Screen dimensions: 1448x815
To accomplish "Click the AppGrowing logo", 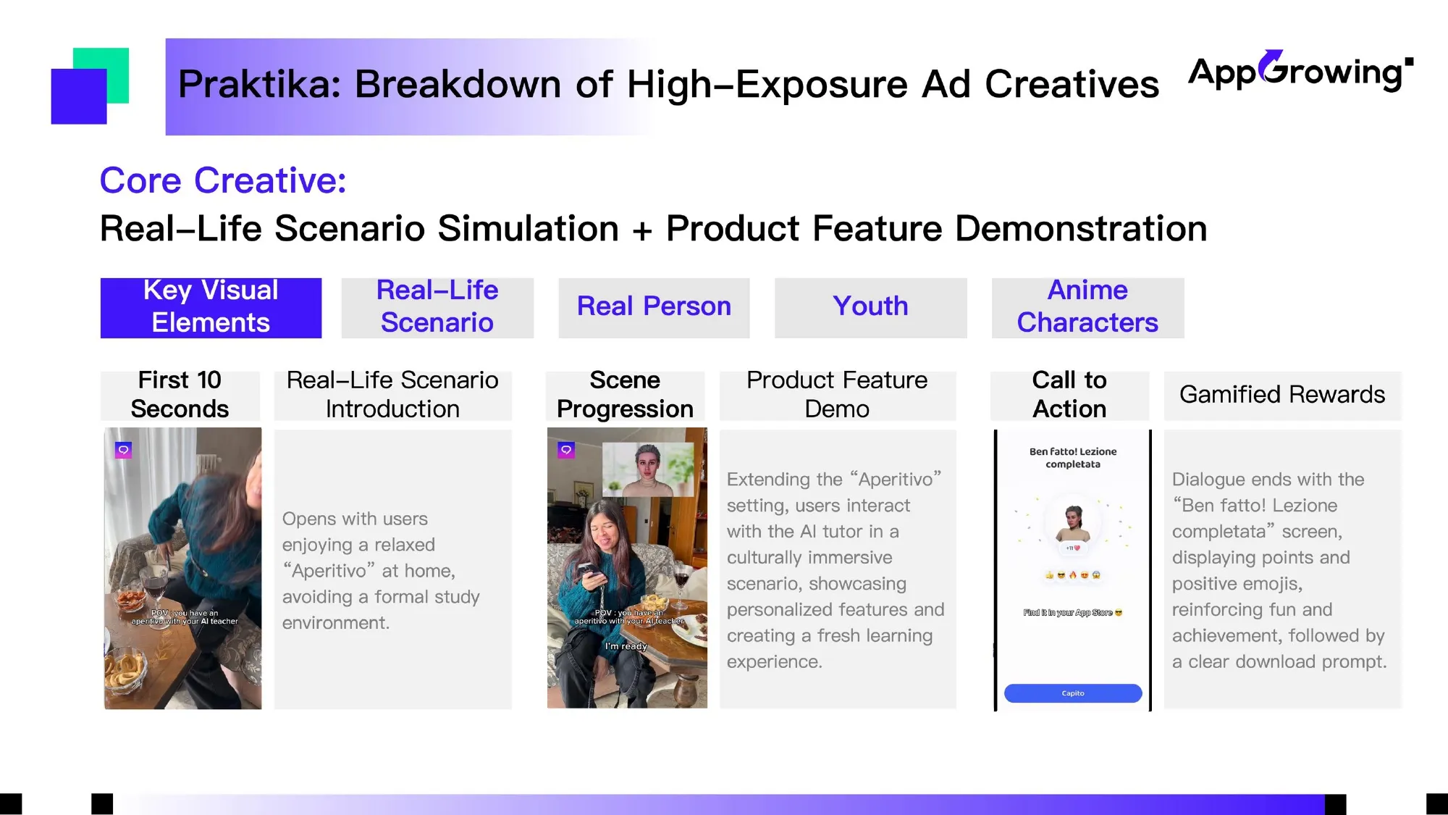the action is (1300, 71).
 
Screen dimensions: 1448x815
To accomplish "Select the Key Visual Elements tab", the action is (211, 307).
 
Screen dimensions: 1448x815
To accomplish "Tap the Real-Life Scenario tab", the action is (437, 307).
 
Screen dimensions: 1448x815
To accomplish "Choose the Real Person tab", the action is (654, 307).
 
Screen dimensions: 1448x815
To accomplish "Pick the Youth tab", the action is (870, 307).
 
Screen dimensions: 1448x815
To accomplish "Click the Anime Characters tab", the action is (1087, 307).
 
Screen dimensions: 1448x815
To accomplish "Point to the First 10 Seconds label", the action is (180, 395).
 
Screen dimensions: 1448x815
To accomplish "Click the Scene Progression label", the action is (625, 395).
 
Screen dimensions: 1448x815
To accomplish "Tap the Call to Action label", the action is (1069, 395).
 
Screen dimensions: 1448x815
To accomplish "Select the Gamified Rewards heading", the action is (1282, 395).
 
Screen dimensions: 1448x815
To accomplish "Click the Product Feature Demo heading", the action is (837, 395).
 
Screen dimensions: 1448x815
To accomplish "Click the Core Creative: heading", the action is (223, 180).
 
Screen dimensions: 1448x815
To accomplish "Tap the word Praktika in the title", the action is (259, 84).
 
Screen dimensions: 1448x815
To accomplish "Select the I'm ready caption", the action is (626, 646).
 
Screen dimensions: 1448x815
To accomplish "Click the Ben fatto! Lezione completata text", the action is (1073, 458).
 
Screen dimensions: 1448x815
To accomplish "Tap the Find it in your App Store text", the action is (1072, 613).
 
